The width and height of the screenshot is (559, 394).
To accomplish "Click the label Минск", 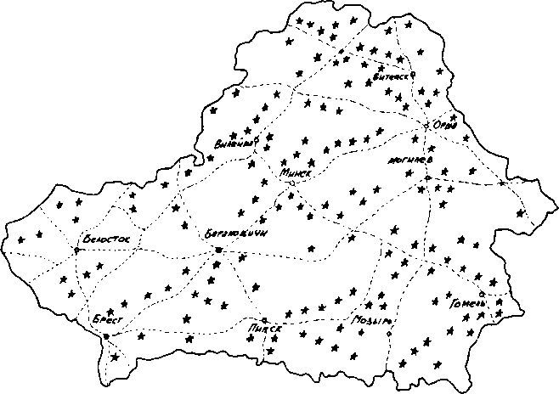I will [296, 172].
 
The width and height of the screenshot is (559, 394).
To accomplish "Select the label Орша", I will [445, 126].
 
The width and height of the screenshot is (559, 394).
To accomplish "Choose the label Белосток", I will [107, 240].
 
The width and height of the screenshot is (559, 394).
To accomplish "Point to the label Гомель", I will [468, 303].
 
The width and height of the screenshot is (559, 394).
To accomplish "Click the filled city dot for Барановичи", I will [218, 250].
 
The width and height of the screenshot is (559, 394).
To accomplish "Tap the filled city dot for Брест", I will [105, 336].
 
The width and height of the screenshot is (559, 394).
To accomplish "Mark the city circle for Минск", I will [291, 183].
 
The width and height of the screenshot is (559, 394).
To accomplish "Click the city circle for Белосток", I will [76, 249].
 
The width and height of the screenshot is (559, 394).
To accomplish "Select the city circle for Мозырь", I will [388, 333].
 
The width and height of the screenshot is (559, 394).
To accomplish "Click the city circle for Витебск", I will [412, 75].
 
